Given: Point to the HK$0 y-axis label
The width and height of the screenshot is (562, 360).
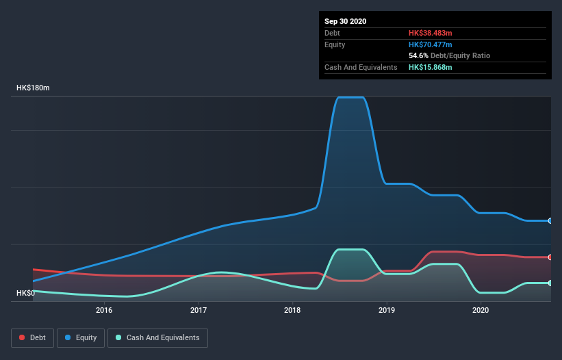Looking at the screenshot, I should tap(25, 293).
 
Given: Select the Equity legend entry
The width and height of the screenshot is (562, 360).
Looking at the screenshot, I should tap(81, 337).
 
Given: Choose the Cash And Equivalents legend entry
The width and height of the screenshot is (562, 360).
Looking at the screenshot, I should tap(157, 337).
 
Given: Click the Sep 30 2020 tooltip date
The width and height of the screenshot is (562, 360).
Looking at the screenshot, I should tap(346, 21).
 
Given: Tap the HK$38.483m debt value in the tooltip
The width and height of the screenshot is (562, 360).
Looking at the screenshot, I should tap(430, 33).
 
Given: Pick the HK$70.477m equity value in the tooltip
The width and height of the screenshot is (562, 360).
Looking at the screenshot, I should tap(430, 44).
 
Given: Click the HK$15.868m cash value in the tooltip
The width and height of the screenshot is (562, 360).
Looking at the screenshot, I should tap(430, 67).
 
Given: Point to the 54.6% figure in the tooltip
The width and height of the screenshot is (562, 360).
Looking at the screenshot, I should tap(418, 55).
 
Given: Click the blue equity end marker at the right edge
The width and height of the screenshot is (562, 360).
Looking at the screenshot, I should tap(550, 220).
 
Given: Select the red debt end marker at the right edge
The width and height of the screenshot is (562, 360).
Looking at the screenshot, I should tap(550, 257).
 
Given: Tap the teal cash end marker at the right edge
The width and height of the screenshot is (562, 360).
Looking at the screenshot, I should tap(550, 283).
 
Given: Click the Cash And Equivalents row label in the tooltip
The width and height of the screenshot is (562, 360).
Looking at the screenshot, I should tap(361, 67).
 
